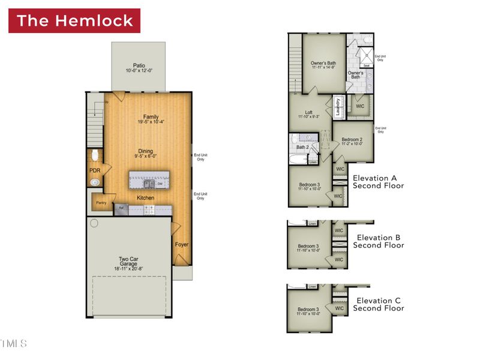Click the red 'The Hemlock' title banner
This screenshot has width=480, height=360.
coord(74,20)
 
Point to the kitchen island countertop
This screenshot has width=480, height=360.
coord(149,179)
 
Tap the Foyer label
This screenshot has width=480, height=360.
coord(181,245)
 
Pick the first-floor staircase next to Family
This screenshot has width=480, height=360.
coord(95,110)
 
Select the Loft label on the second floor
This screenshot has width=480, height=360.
coord(308,112)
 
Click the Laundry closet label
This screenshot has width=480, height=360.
coord(338,106)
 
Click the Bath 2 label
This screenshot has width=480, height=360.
coord(303,147)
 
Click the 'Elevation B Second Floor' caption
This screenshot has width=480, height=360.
coord(378,241)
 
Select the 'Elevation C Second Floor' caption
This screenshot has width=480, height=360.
coord(378,304)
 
